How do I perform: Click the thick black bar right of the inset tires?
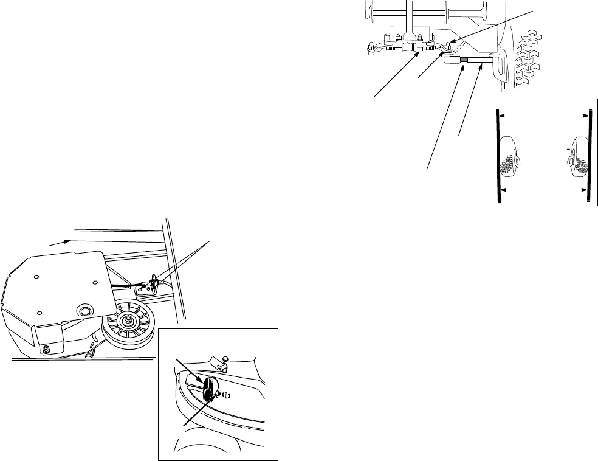point(588,155)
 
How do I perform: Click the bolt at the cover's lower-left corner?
point(46,350)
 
